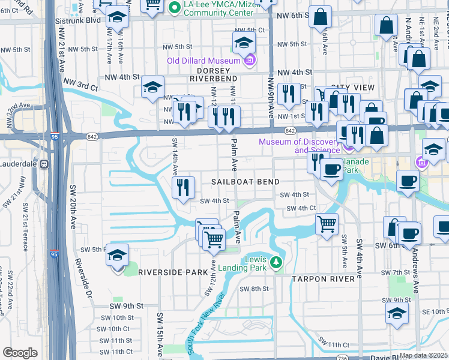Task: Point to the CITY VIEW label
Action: [x=352, y=88]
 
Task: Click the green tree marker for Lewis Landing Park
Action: [x=276, y=262]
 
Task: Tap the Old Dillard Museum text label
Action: [x=203, y=61]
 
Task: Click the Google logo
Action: [x=20, y=353]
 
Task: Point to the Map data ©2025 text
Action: [x=423, y=355]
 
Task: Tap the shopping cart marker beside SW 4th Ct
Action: [x=327, y=224]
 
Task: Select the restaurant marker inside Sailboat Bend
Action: [x=184, y=187]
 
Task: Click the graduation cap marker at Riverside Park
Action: [x=117, y=255]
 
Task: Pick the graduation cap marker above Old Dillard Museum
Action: [x=244, y=41]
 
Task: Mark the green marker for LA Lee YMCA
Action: [x=175, y=7]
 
